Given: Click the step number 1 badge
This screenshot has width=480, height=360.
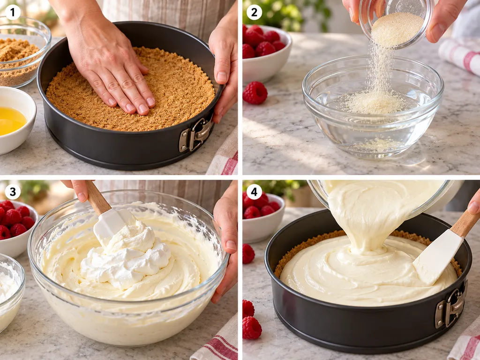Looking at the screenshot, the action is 13,13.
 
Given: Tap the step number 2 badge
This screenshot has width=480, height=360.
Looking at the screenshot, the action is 255,13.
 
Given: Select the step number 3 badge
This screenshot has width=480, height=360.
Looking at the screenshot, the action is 13,192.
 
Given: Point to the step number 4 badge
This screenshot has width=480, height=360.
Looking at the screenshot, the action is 255,192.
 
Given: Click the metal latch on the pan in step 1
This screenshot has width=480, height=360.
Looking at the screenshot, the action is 195,135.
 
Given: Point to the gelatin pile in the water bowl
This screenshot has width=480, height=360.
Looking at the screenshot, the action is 375,103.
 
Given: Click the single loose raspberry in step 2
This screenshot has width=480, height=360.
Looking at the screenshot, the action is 255,93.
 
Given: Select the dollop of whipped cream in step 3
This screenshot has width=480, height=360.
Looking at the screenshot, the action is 126,257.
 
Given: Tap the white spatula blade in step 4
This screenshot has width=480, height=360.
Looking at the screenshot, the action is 438,257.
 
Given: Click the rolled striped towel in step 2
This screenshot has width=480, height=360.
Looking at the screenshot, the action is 461,57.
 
